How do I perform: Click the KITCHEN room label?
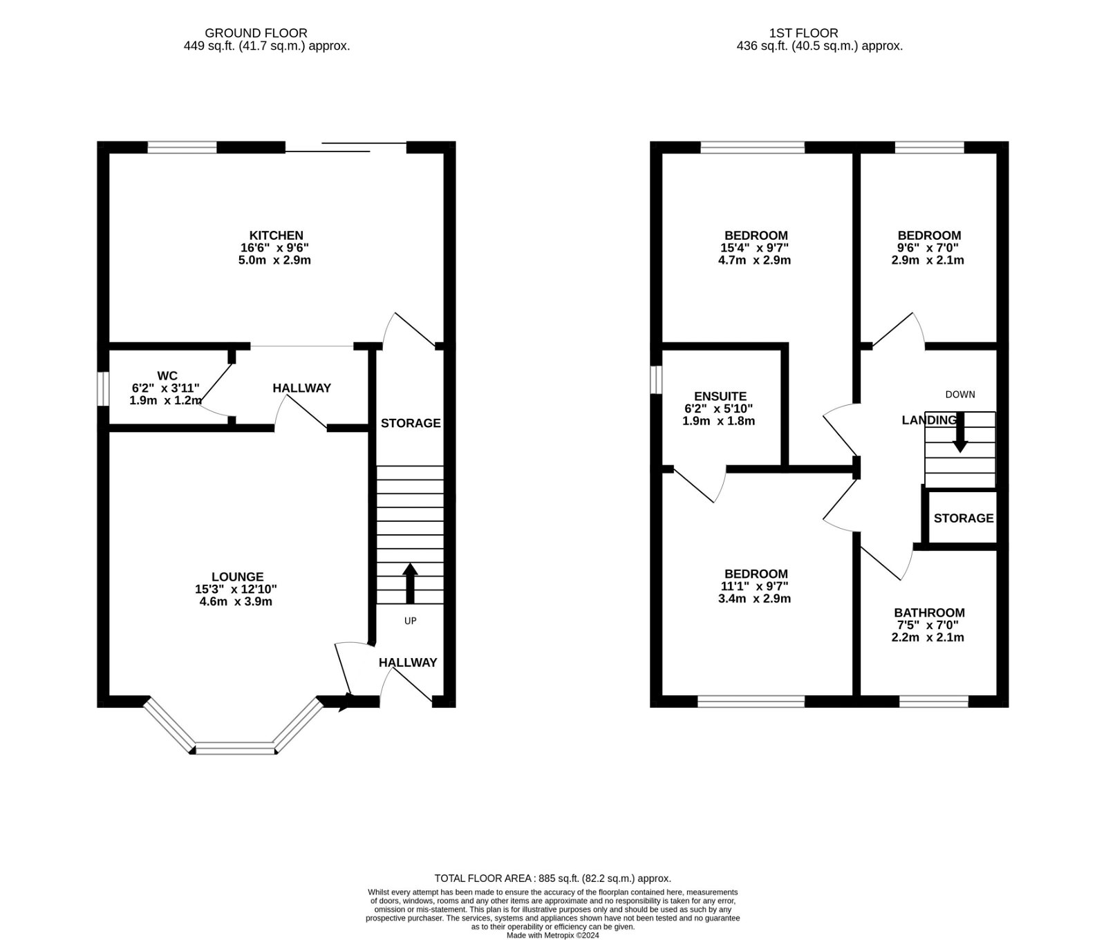276,236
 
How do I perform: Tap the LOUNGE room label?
237,576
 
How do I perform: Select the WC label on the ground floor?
167,376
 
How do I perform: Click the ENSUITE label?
720,396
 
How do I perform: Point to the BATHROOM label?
928,612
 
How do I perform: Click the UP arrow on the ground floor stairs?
410,583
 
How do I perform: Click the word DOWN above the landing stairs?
959,394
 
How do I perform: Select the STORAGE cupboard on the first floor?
963,518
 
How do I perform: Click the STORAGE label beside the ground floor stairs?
411,423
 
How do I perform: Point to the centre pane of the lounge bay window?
236,749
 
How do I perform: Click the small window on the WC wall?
102,390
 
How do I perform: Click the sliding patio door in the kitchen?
346,147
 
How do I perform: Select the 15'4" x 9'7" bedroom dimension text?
755,248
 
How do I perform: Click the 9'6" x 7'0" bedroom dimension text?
928,248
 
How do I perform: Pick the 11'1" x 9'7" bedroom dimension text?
755,586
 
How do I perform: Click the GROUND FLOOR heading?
256,32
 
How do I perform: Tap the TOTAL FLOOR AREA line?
552,878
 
